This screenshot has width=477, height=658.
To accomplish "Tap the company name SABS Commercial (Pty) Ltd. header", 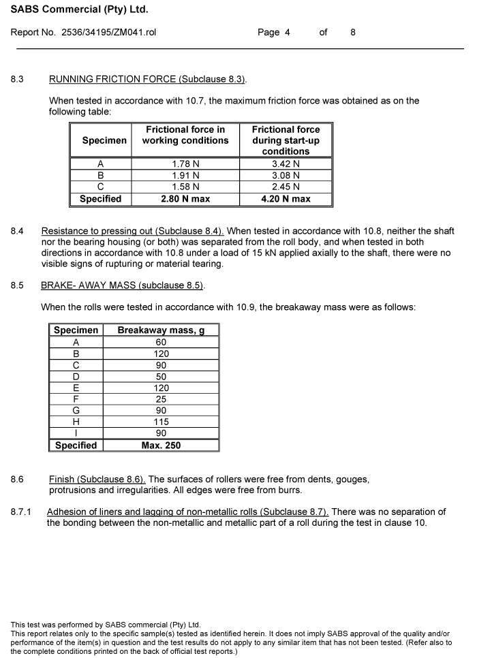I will [x=79, y=10].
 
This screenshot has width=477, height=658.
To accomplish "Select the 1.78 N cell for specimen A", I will [x=185, y=163].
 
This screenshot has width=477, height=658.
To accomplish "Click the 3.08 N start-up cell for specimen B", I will [x=286, y=175].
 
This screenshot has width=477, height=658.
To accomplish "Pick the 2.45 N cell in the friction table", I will [x=286, y=187].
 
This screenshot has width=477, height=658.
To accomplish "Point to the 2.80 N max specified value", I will [x=185, y=199].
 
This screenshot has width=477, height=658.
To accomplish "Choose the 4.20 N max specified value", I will [x=286, y=199].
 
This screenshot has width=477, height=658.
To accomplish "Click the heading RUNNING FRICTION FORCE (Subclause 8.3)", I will [x=147, y=80].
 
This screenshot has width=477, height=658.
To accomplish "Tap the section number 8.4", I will [x=17, y=232].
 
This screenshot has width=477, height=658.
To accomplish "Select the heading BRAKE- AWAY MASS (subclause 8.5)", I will [x=122, y=285].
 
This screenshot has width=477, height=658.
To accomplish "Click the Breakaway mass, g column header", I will [x=161, y=330].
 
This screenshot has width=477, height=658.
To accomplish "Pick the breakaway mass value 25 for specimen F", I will [x=161, y=399].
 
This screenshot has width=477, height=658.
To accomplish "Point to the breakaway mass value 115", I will [x=161, y=422].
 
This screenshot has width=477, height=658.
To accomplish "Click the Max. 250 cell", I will [x=161, y=445].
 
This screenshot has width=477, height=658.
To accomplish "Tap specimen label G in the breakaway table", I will [x=76, y=411].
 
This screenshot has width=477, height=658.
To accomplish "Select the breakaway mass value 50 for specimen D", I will [x=161, y=376].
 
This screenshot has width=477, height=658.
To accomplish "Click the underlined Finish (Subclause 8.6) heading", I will [x=97, y=480].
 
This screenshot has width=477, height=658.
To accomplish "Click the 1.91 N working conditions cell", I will [x=185, y=175].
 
